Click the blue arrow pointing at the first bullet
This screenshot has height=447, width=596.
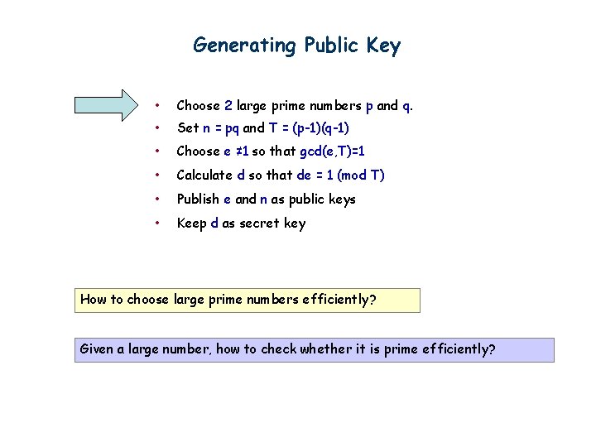pos(108,105)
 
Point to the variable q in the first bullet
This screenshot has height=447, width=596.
pos(406,106)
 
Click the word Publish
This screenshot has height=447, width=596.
pos(204,199)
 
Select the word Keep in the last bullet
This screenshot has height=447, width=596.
pos(193,223)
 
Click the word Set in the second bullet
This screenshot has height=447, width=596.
pos(188,128)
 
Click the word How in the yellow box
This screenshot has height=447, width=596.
pos(94,300)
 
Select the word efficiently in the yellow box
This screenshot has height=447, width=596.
pos(334,300)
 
